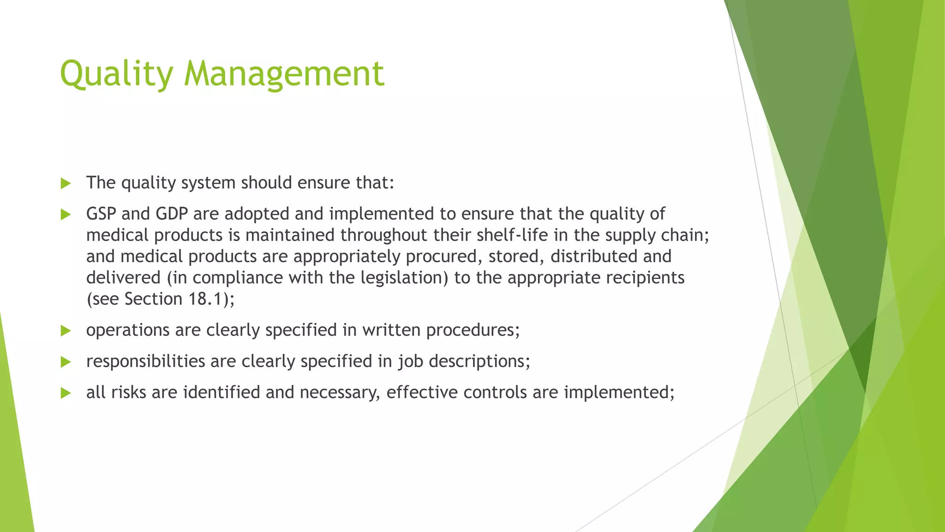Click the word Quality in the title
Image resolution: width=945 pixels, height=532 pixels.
tap(117, 74)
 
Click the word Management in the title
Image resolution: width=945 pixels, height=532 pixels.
tap(284, 74)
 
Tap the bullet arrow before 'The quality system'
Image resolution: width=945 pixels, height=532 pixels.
tap(66, 183)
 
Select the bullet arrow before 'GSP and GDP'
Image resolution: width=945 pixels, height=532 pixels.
tap(66, 214)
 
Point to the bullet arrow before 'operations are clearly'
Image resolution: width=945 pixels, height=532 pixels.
tap(66, 331)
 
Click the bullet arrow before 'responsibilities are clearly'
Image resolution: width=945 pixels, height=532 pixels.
tap(66, 362)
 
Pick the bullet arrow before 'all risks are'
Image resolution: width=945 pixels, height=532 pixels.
tap(66, 393)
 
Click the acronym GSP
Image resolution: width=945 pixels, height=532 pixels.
tap(101, 214)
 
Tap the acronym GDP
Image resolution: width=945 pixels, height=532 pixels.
tap(172, 214)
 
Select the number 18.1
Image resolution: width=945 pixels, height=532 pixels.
tap(205, 299)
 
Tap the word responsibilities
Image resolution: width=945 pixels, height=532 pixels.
tap(145, 361)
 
